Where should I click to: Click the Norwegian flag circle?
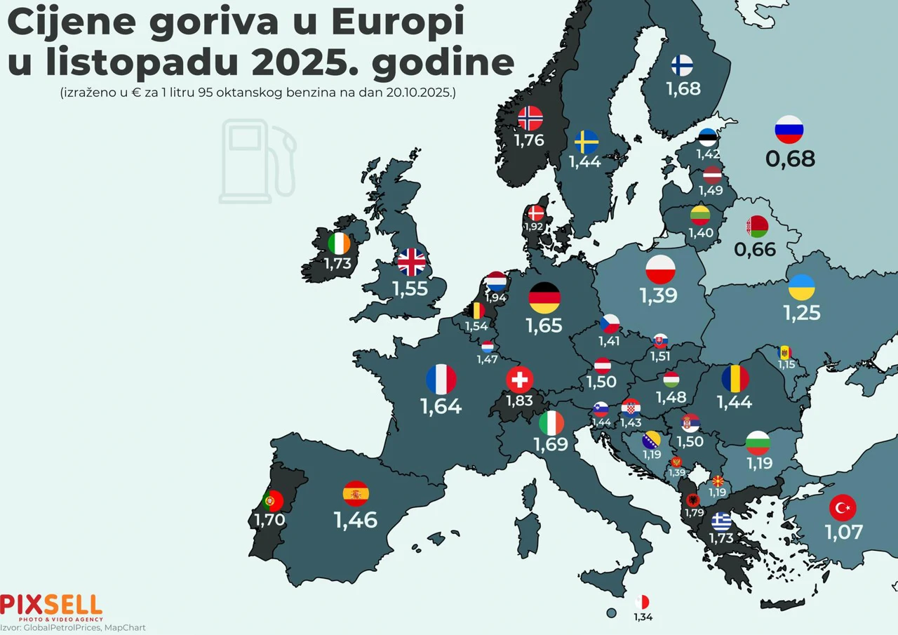(x=530, y=118)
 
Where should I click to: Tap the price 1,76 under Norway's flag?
(x=530, y=140)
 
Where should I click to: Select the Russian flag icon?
(x=789, y=130)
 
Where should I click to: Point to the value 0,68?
(x=791, y=159)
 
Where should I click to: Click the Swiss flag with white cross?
(x=519, y=380)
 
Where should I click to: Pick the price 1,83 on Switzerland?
(x=519, y=401)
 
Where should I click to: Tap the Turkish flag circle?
(x=843, y=507)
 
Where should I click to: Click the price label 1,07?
(x=843, y=532)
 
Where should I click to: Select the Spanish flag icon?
(x=356, y=494)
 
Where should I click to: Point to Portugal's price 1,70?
(x=269, y=521)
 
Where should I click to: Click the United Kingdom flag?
(x=411, y=262)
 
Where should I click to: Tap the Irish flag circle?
(x=340, y=244)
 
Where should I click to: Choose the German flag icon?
(x=544, y=298)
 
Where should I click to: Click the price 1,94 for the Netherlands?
(x=495, y=298)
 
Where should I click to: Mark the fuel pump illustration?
(x=257, y=161)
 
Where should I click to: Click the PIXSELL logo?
(x=51, y=606)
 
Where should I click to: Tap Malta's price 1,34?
(x=643, y=617)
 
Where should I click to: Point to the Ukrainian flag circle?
(x=802, y=287)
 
